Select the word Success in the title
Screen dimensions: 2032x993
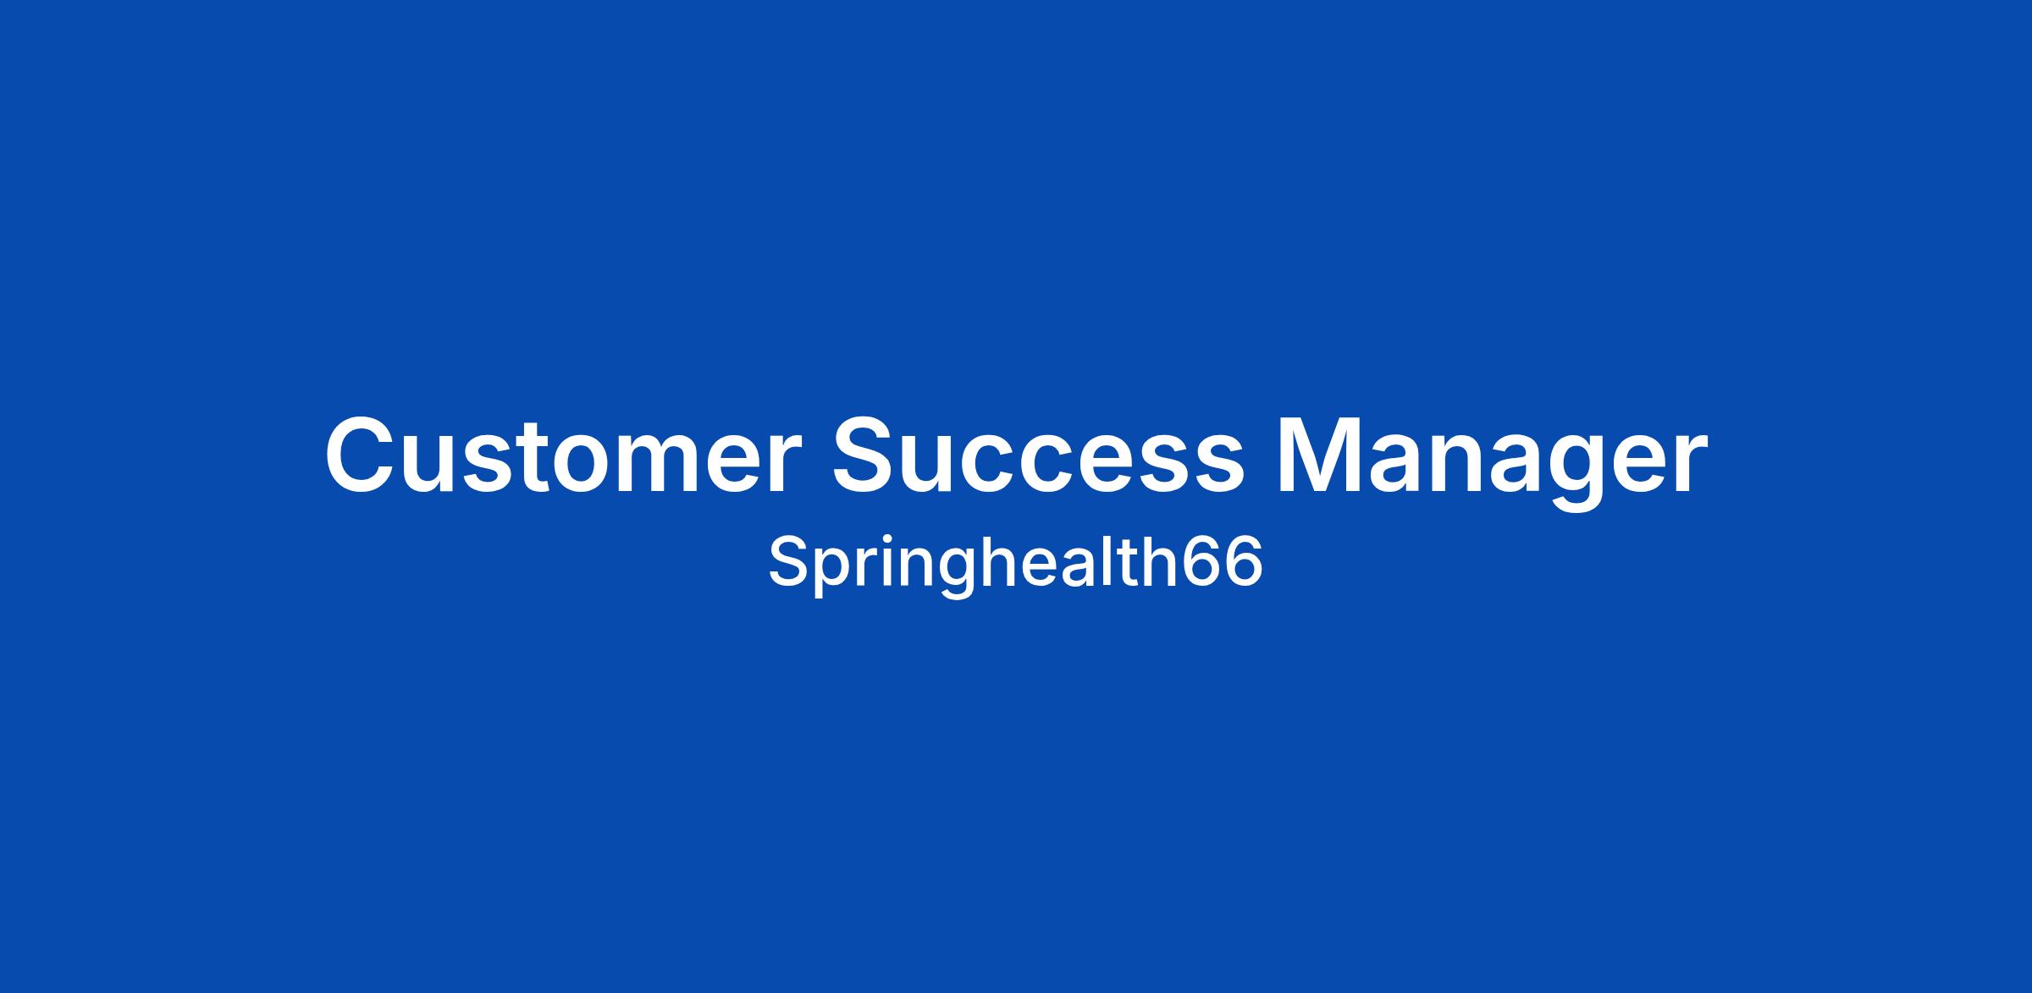(1038, 455)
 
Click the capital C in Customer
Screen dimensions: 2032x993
(362, 455)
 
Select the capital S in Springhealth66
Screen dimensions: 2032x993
(789, 561)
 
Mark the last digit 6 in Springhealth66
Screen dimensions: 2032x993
(1244, 562)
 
